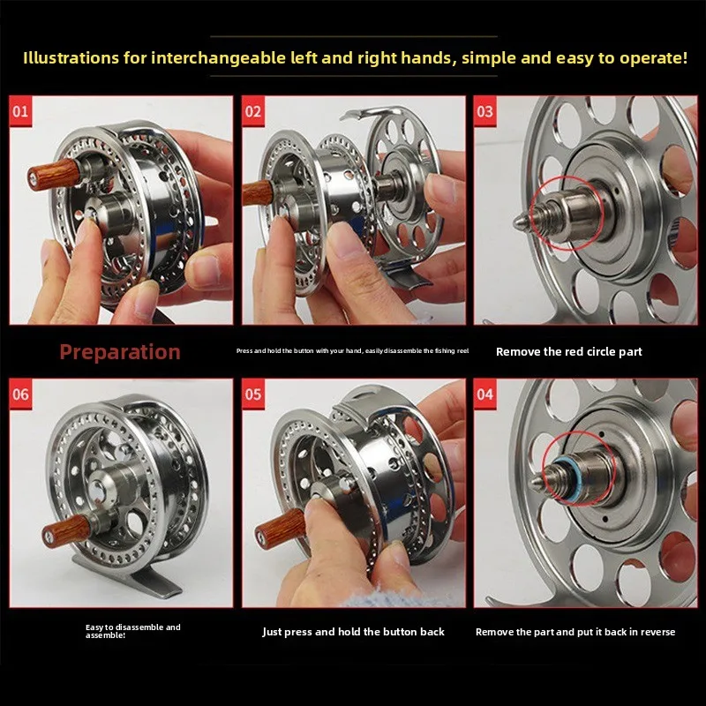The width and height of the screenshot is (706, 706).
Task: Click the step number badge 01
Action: (x=20, y=112)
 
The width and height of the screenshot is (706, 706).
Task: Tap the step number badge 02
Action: (x=253, y=112)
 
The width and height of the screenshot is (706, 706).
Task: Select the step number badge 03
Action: (x=485, y=112)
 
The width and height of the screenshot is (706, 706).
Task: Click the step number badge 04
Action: (x=485, y=394)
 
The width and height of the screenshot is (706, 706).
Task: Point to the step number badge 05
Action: (x=253, y=394)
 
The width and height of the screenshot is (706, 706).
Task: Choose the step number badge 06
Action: (x=20, y=394)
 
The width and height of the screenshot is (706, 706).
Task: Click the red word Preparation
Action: (x=120, y=352)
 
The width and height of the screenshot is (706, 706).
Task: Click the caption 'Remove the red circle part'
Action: (x=568, y=351)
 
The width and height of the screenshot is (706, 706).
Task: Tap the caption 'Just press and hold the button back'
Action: (x=353, y=632)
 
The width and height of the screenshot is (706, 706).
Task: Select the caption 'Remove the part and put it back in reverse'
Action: (x=575, y=632)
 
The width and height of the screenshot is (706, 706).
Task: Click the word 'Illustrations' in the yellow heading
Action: (x=72, y=59)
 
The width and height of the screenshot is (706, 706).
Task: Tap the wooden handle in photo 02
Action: (x=258, y=193)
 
